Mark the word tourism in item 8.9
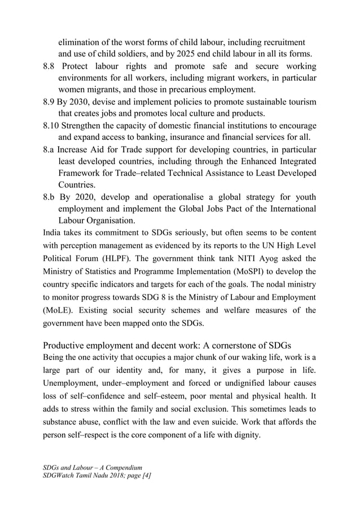(x=301, y=102)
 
